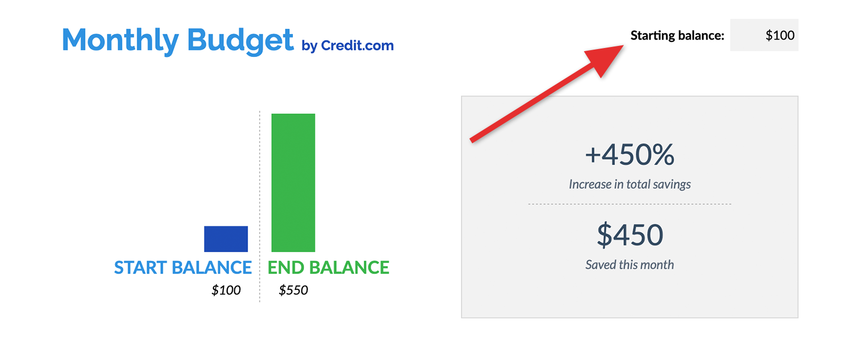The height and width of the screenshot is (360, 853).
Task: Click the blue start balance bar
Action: (226, 239)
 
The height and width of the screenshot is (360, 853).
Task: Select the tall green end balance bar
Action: (293, 182)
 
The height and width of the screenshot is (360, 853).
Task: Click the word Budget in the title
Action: (240, 40)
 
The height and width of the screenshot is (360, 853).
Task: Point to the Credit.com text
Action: (357, 45)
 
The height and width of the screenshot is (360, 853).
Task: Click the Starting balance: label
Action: (677, 35)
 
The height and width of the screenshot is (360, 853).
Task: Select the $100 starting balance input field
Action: (764, 35)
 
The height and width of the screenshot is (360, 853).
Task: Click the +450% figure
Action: (629, 155)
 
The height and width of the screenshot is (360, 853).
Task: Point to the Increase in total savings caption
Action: (629, 184)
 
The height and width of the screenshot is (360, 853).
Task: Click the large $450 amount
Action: (629, 235)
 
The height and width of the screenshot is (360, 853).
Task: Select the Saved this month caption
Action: (629, 264)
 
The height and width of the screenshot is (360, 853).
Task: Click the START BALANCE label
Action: (183, 268)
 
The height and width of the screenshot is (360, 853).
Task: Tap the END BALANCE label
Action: (328, 268)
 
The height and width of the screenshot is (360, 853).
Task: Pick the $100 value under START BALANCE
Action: (226, 290)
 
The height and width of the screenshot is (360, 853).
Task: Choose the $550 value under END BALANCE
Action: (293, 290)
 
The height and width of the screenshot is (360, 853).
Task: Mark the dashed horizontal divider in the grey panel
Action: (629, 204)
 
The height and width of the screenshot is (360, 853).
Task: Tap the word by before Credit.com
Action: (309, 46)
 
